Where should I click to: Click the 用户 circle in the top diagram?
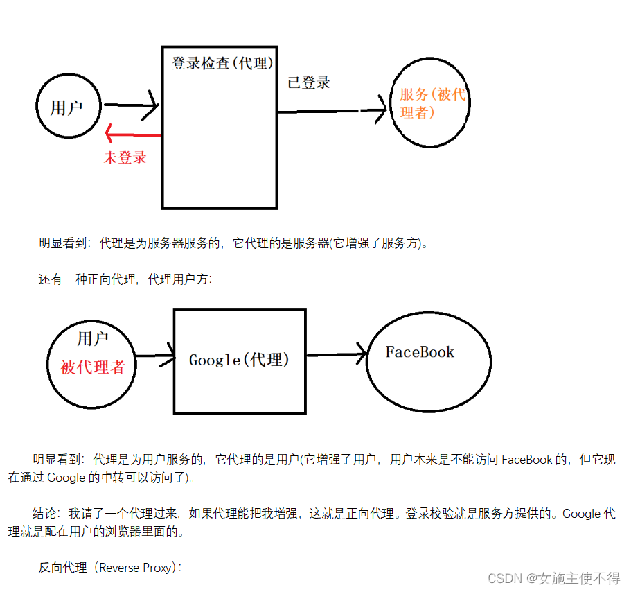click(x=67, y=107)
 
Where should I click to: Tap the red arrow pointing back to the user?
click(x=132, y=134)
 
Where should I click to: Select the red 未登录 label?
click(x=125, y=157)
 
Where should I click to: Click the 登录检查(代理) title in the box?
click(x=221, y=63)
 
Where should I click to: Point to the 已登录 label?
click(x=309, y=82)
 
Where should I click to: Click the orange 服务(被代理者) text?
click(x=432, y=103)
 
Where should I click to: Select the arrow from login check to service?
click(x=332, y=111)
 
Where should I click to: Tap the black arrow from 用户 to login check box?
click(x=131, y=106)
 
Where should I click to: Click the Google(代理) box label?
click(x=239, y=360)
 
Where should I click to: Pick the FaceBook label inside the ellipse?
click(x=420, y=352)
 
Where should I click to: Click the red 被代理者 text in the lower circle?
click(x=93, y=367)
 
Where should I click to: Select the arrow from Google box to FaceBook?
click(x=337, y=355)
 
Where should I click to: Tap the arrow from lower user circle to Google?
click(x=156, y=358)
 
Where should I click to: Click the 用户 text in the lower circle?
click(x=93, y=339)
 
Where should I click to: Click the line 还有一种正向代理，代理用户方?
click(x=125, y=280)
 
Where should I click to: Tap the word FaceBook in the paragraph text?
click(x=527, y=460)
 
